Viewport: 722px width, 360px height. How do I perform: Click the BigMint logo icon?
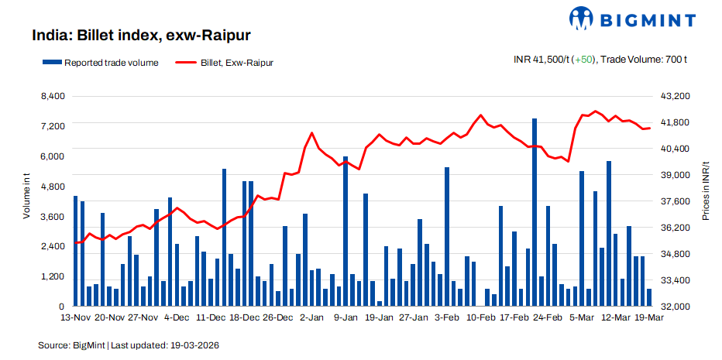pos(581,17)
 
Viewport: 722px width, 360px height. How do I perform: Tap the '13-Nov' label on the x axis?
pos(76,317)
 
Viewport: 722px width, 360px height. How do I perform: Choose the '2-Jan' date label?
pos(311,317)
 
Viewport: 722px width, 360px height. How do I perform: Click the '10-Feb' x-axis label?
pos(480,317)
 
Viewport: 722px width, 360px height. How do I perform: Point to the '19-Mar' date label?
pos(649,317)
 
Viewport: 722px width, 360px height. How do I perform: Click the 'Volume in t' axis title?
pos(26,197)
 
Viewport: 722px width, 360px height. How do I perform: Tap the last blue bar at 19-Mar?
pos(649,297)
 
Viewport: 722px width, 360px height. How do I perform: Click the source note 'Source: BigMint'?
pos(70,345)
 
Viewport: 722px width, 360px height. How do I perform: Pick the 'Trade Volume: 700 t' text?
pos(645,59)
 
